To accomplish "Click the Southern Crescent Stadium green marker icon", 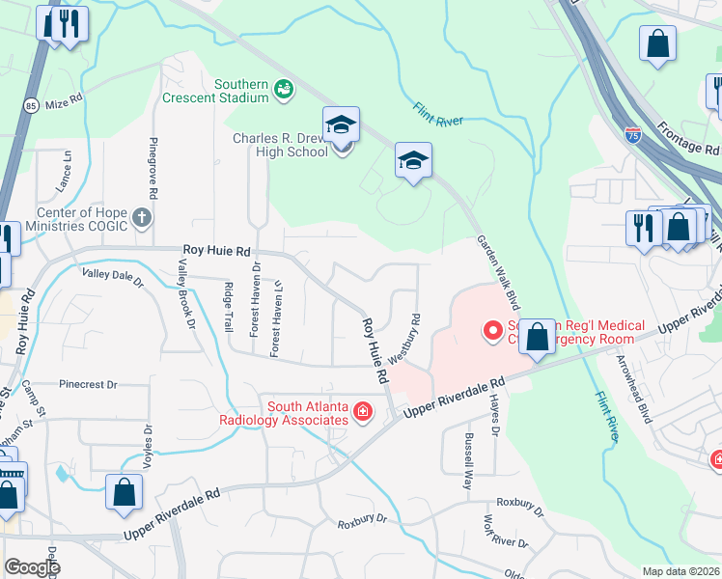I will pos(283,90).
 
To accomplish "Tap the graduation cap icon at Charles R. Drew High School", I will pos(341,125).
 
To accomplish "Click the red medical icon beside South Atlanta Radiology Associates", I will pos(363,413).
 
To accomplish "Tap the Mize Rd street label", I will pos(65,98).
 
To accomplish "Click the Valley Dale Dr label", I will pos(112,279).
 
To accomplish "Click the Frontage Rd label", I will pos(688,138).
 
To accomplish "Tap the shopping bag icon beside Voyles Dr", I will pos(125,491).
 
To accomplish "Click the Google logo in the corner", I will pos(33,566).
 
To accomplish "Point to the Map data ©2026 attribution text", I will pos(681,570).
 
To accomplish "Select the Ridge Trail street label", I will pos(229,307).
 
